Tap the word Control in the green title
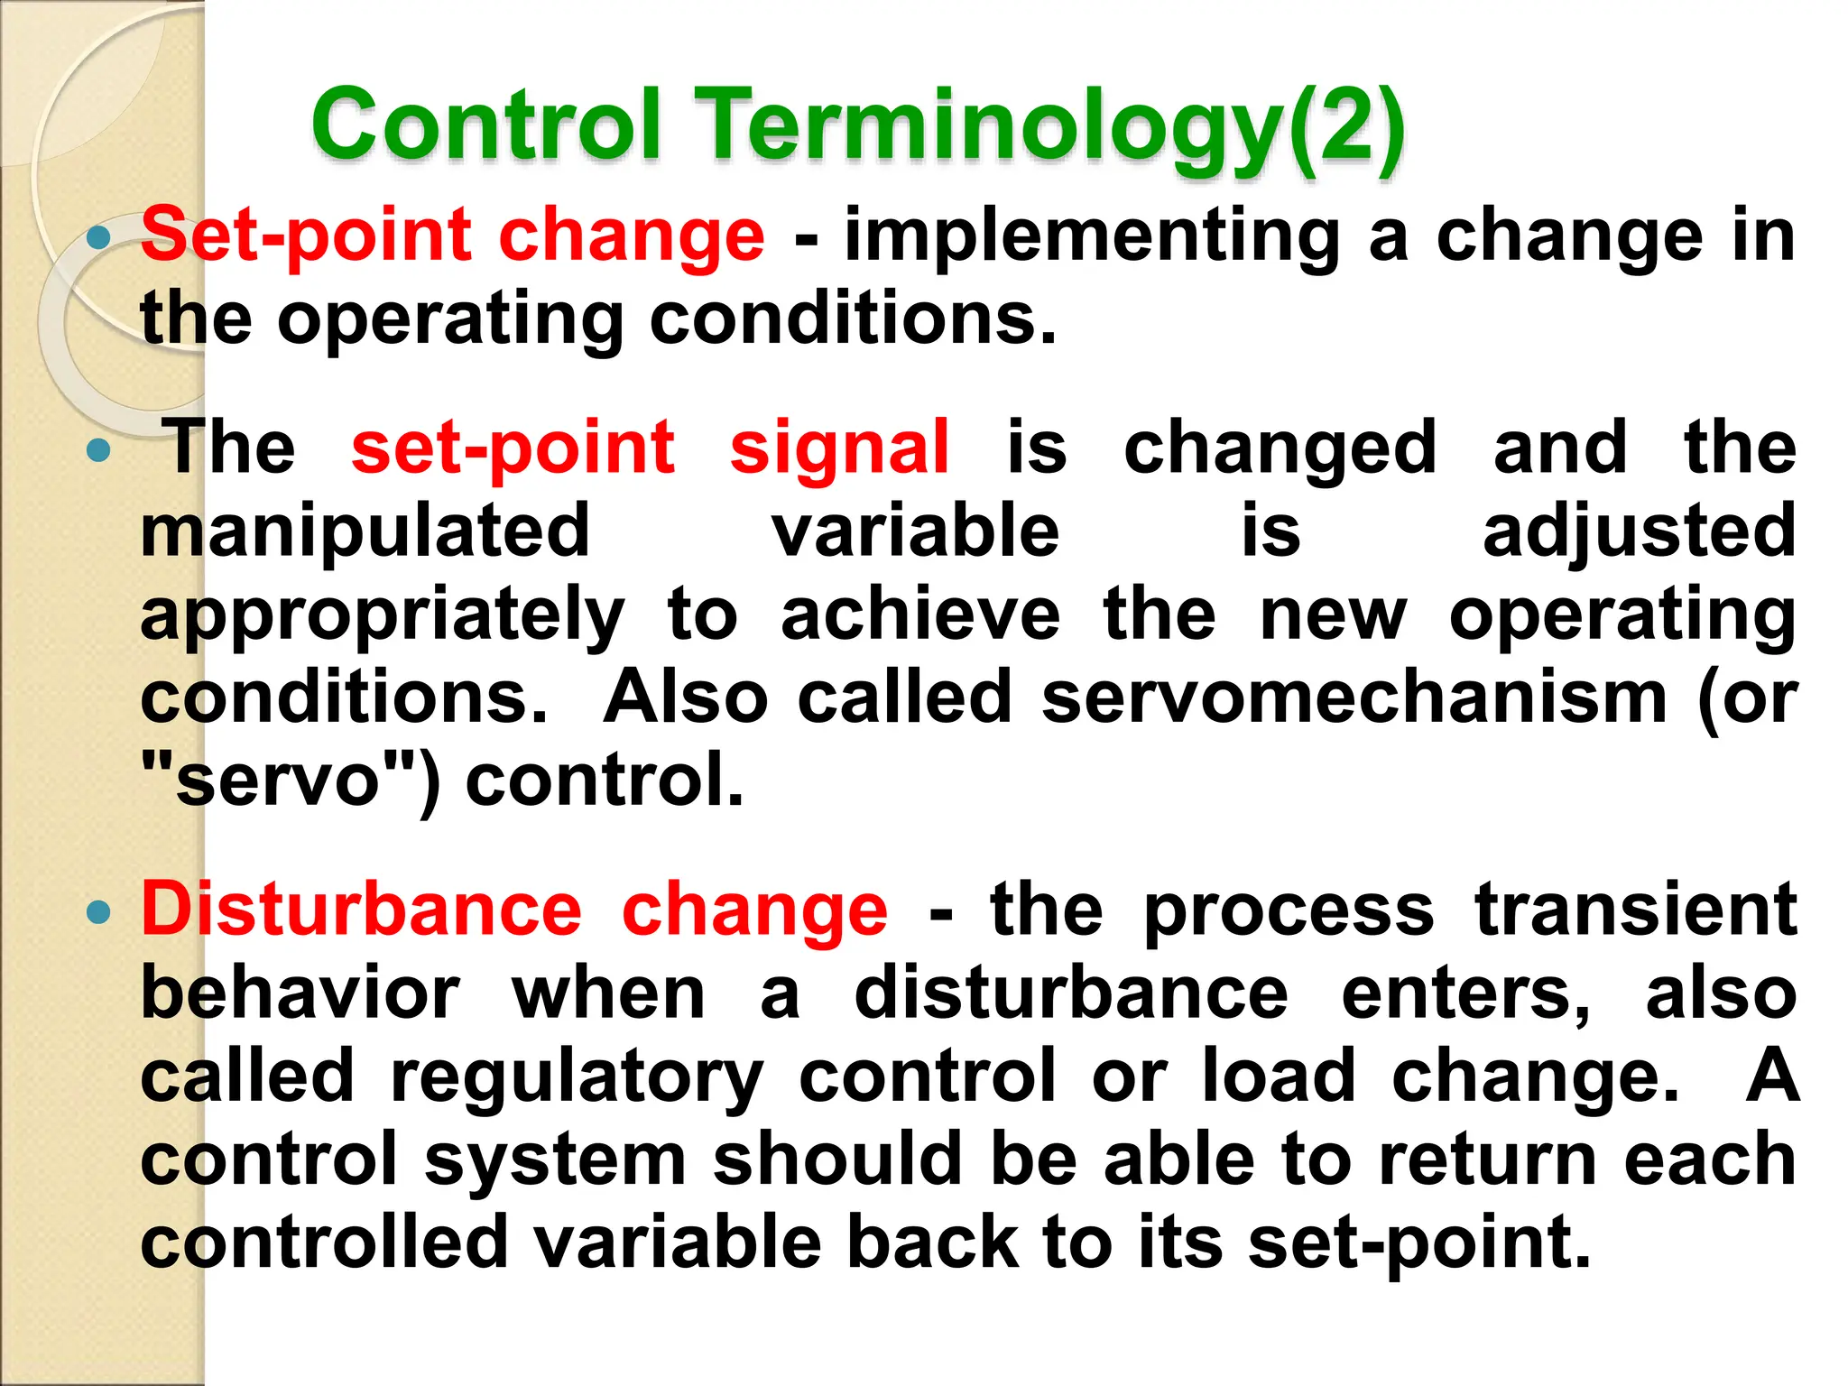(488, 125)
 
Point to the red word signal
(839, 448)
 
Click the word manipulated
(365, 531)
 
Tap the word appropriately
(383, 615)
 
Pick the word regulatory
(577, 1076)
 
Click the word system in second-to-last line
(556, 1160)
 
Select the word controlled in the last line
(325, 1243)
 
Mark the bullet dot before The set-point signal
(98, 450)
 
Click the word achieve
(920, 615)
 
